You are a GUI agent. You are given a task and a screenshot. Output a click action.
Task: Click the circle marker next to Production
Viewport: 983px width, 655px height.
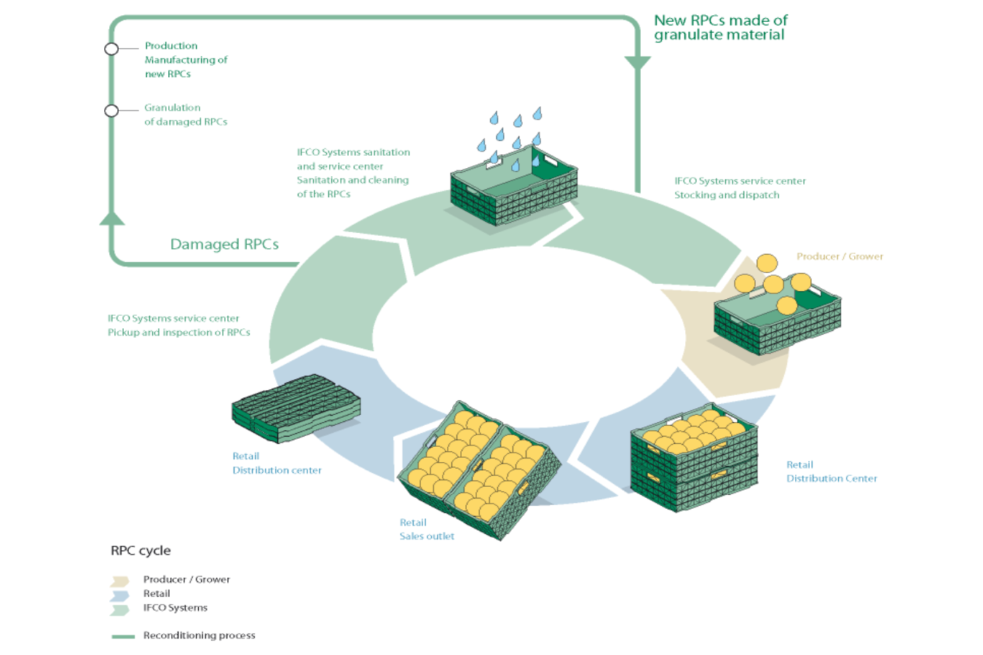click(111, 49)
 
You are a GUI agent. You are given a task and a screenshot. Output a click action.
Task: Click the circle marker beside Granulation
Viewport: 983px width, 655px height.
click(111, 111)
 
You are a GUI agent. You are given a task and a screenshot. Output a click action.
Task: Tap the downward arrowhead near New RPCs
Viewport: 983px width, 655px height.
click(638, 63)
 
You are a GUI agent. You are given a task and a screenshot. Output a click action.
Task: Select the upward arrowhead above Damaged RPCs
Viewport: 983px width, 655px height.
click(112, 218)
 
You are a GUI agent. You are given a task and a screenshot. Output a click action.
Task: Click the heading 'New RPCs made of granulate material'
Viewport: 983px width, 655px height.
click(720, 28)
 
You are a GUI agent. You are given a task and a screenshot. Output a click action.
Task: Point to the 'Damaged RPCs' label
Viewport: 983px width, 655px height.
click(224, 245)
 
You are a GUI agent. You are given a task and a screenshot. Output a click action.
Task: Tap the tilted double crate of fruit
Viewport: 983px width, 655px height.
click(479, 470)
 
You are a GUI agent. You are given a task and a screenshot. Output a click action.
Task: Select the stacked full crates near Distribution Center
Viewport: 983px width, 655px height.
click(694, 458)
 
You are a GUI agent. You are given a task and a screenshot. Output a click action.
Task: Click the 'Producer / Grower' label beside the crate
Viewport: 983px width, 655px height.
click(840, 256)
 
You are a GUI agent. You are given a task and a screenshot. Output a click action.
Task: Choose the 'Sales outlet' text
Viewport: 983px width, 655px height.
click(427, 536)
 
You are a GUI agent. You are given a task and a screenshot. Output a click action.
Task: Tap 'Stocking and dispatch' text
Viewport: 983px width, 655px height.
click(727, 195)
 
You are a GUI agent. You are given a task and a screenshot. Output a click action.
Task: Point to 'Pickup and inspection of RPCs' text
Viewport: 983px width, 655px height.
click(179, 333)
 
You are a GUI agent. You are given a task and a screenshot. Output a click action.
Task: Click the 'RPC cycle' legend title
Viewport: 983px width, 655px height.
click(141, 551)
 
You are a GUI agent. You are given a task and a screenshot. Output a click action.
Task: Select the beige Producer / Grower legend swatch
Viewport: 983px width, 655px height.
click(119, 581)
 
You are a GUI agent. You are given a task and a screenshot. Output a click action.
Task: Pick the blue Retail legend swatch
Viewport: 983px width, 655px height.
click(119, 595)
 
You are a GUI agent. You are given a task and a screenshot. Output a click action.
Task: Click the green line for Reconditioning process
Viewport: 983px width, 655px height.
click(123, 636)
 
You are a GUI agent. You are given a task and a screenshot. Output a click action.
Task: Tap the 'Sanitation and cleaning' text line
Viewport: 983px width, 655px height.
click(352, 180)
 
